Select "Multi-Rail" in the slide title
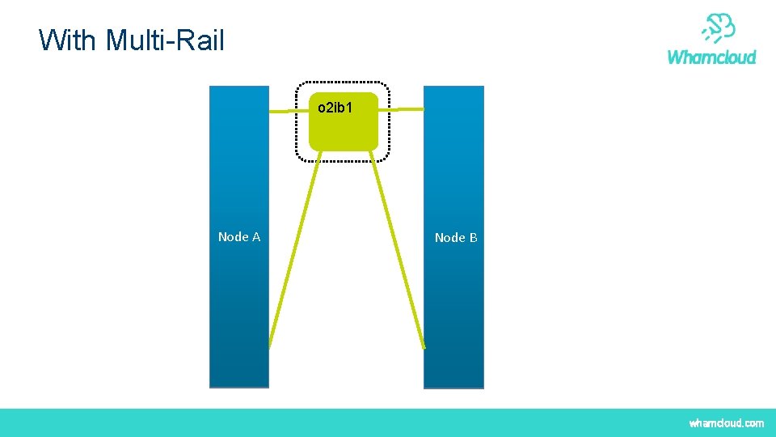(164, 40)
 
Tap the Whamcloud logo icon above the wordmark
(718, 29)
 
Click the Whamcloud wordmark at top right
(711, 57)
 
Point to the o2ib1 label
(335, 107)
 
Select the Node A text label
(239, 237)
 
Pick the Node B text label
(456, 238)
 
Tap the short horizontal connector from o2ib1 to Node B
(402, 109)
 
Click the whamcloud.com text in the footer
(726, 423)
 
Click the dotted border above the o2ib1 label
(342, 83)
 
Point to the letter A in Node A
(255, 237)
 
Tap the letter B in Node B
(473, 238)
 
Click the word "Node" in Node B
(449, 238)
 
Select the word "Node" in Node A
(234, 237)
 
